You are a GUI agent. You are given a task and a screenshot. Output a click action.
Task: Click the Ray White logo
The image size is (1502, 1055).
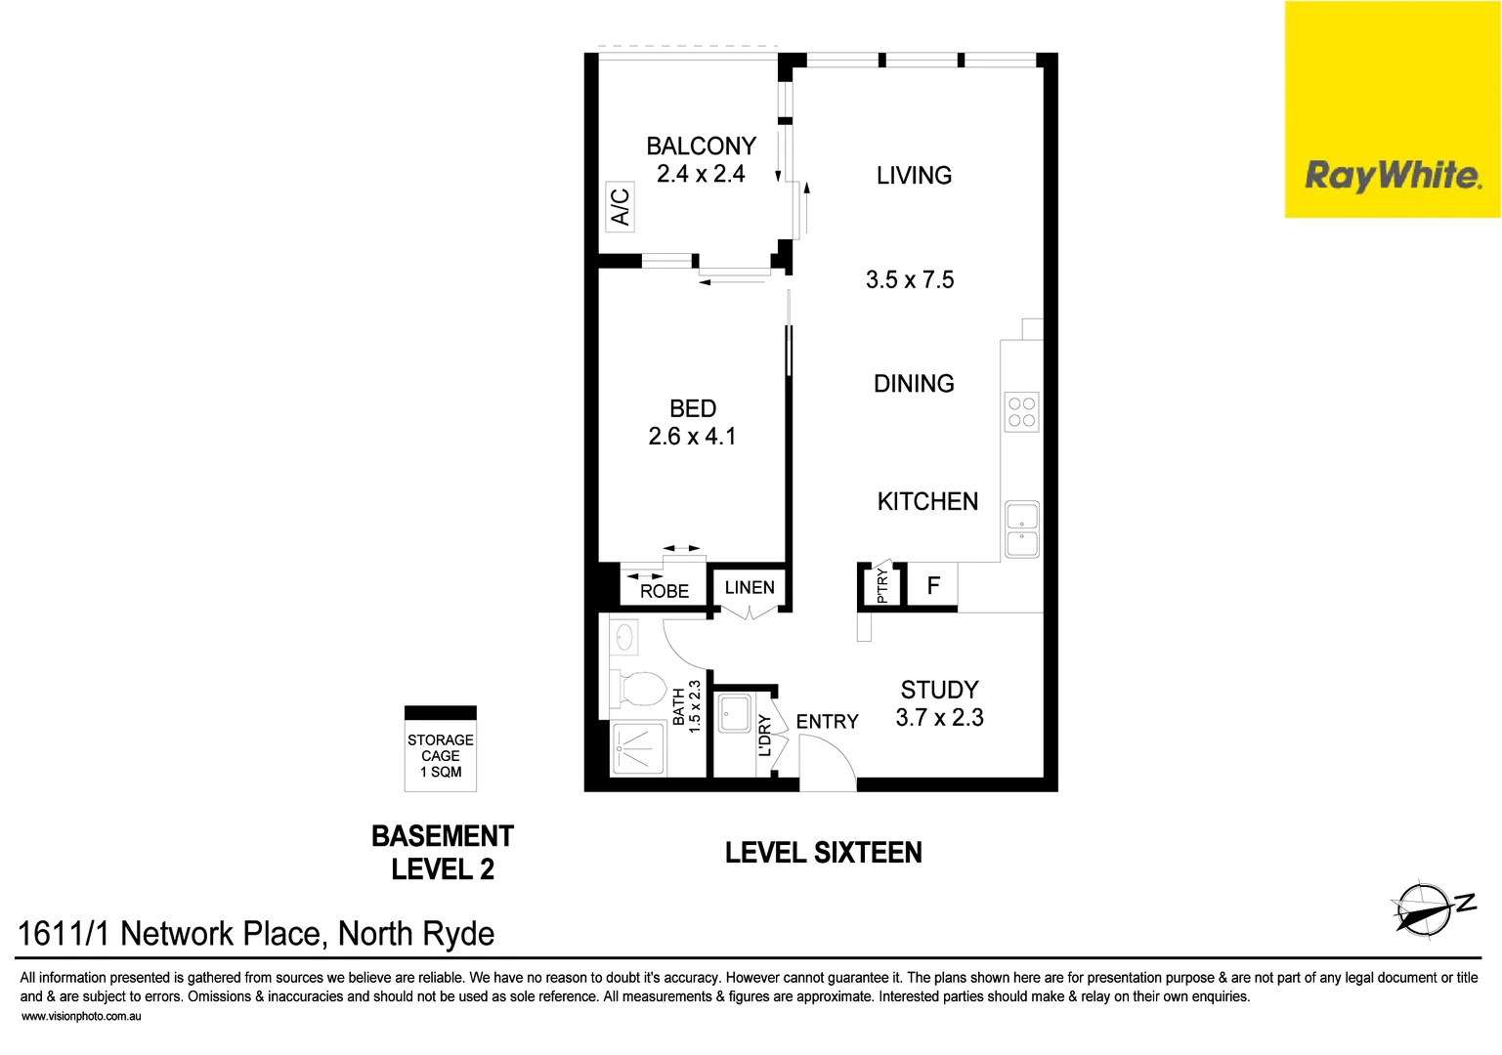coord(1392,176)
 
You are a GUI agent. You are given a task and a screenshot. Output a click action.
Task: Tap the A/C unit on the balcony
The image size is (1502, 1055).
coord(620,207)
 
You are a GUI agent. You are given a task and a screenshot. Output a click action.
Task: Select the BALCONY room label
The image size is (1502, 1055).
coord(701,147)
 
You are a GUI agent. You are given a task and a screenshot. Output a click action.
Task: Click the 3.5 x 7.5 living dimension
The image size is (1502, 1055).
coord(909,280)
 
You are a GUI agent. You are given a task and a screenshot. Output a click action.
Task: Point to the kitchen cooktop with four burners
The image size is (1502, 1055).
coord(1021,412)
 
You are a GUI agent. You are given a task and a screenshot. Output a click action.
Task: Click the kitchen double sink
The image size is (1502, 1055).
coord(1022,529)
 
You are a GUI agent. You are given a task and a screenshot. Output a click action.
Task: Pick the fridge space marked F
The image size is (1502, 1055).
coord(932,586)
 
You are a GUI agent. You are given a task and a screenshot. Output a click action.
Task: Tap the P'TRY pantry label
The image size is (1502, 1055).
coord(882,585)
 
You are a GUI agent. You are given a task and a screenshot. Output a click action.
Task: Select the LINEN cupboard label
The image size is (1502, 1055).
coord(750,588)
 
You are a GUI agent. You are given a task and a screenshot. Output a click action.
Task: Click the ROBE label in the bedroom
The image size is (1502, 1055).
coord(665,591)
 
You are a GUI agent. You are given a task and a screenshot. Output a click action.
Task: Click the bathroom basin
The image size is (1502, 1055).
coord(624,639)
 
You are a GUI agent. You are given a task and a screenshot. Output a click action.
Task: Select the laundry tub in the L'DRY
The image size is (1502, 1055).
coord(734,713)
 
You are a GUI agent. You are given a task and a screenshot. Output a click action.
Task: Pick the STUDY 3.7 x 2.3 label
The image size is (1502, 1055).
coord(939,704)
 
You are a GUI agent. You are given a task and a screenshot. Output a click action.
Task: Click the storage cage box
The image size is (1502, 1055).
coord(441,749)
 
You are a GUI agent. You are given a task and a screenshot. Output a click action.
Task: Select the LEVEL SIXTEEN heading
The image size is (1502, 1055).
coord(823,853)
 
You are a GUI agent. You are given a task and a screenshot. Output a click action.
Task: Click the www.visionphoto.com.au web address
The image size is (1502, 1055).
coord(81,1017)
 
